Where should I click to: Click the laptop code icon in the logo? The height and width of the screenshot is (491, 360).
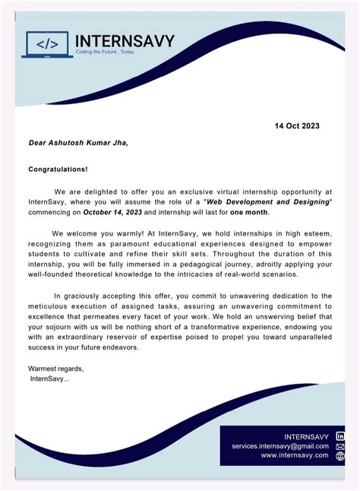coord(47,46)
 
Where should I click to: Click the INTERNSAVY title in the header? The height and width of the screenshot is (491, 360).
coord(125,41)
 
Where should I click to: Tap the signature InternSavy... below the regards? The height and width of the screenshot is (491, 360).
coord(49,378)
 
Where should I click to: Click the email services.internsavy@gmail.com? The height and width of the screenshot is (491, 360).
coord(280,445)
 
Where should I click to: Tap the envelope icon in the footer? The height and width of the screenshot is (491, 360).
coord(340,446)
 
